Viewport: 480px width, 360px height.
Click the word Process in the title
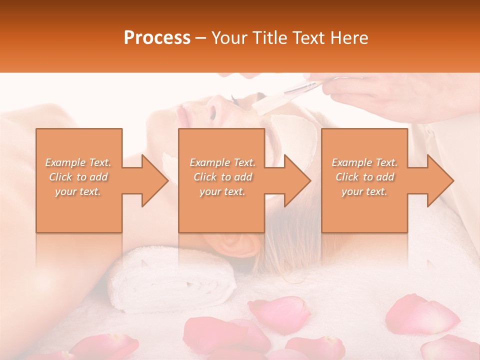(x=156, y=38)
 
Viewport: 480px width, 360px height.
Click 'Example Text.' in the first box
(x=78, y=162)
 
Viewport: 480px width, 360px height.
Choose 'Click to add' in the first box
(x=78, y=177)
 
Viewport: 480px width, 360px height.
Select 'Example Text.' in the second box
(x=222, y=162)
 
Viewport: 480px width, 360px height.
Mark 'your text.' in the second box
(x=222, y=191)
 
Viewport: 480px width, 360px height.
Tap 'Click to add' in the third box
(x=365, y=177)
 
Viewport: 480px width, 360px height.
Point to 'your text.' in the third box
(x=364, y=191)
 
